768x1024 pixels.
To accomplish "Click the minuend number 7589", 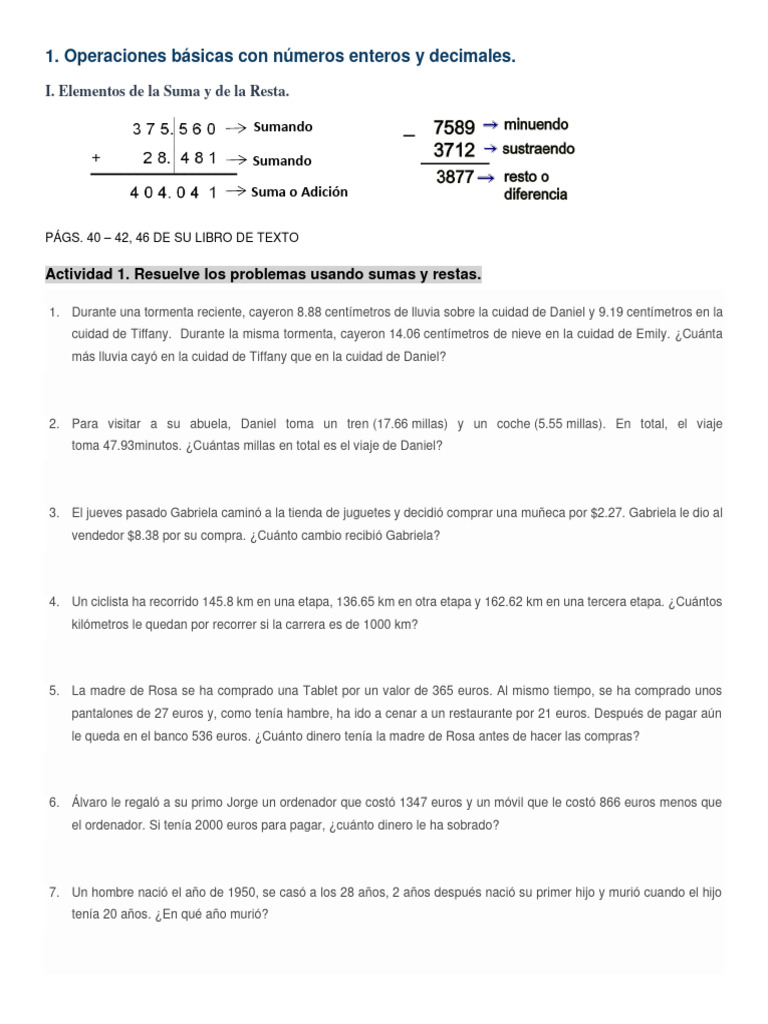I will point(454,127).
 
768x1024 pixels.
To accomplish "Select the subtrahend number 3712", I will point(454,150).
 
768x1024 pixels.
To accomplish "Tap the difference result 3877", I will point(454,177).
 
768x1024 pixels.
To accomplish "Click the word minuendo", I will point(536,125).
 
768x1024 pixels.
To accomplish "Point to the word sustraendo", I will point(539,149).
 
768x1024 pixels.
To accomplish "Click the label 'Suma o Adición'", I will point(300,192).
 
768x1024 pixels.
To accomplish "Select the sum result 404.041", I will point(173,193).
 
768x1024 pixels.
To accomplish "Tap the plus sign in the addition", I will point(96,158).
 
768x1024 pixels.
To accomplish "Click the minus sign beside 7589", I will point(407,135).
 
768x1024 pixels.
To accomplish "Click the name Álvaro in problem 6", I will point(93,803).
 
